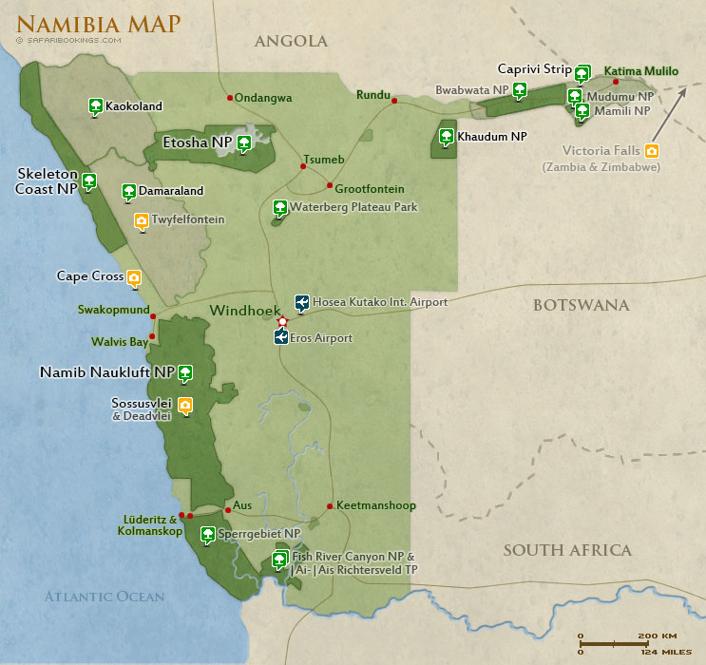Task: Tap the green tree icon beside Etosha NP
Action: pos(244,143)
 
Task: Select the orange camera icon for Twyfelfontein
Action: pos(142,221)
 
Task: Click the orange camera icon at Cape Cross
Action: pos(134,278)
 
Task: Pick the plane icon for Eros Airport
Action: pos(281,337)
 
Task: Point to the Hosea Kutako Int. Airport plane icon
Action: pos(301,303)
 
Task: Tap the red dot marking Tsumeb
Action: pos(303,166)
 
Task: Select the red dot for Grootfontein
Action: pos(330,185)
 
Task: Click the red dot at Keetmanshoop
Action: pos(330,505)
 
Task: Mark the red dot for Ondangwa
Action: pos(229,97)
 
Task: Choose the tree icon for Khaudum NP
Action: pos(446,137)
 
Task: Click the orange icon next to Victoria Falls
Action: pos(651,150)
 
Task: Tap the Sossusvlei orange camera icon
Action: pos(185,406)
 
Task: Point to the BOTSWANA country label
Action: pos(582,305)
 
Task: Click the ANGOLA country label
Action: pos(291,41)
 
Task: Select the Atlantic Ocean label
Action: pos(105,597)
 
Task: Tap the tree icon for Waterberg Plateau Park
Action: pos(279,207)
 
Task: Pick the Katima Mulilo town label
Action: pos(641,70)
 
